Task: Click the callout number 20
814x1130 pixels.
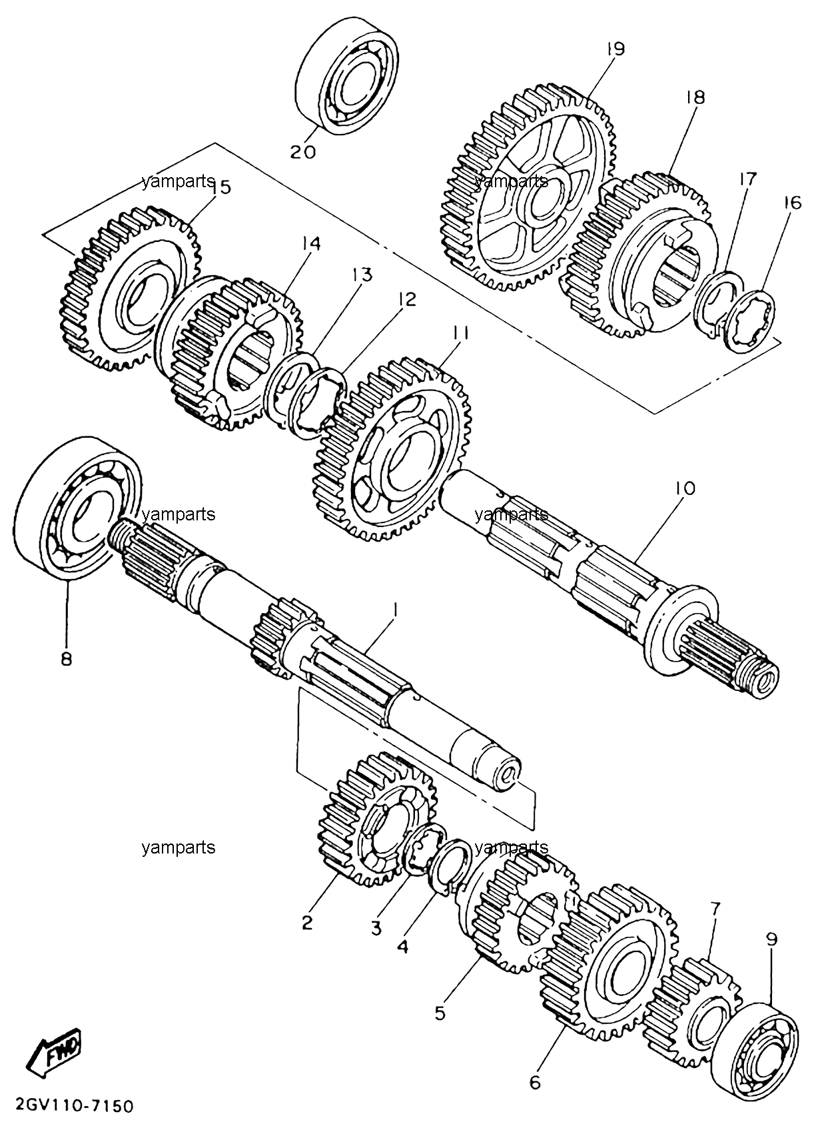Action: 303,152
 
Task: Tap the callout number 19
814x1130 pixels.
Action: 615,49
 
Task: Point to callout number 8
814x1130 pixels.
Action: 67,658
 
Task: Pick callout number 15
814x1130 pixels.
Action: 220,187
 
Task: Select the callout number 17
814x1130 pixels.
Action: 748,178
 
